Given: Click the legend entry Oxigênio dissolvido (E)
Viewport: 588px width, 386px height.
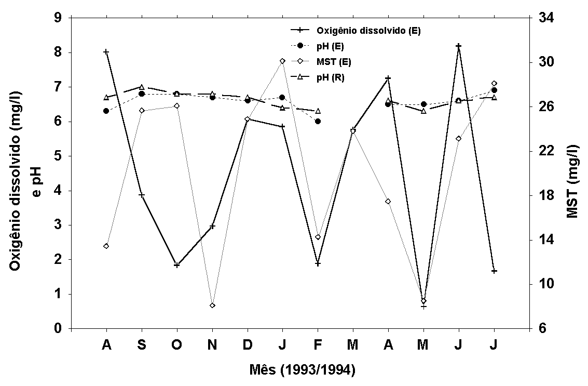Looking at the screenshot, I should (368, 31).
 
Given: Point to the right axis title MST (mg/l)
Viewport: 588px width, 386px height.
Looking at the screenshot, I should (572, 174).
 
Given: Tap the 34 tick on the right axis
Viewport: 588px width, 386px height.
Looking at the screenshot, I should (542, 18).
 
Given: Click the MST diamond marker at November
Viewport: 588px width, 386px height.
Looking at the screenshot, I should (212, 305).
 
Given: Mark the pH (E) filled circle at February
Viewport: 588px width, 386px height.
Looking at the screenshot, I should (318, 122).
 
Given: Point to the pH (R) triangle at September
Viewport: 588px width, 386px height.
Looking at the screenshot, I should (142, 87).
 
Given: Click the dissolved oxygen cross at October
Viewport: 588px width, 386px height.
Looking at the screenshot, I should (177, 265).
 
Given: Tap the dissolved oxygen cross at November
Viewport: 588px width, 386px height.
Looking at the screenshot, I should (212, 227).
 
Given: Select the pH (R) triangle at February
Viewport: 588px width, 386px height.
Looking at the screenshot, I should (318, 111).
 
